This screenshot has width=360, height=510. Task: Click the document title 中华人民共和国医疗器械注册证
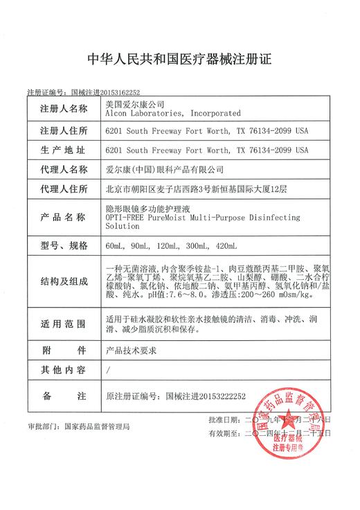179,60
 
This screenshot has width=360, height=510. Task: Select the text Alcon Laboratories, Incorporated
171,113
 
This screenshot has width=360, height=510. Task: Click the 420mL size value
226,246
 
